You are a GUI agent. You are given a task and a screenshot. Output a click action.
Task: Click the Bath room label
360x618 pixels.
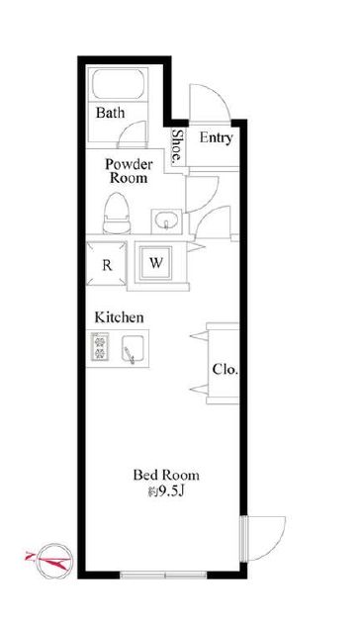click(x=110, y=113)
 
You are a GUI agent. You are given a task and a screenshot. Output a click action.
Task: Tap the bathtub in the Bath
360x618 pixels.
click(x=118, y=84)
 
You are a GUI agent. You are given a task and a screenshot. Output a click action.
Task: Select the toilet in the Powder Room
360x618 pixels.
click(x=117, y=213)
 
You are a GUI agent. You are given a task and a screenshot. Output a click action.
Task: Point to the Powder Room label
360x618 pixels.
click(x=129, y=171)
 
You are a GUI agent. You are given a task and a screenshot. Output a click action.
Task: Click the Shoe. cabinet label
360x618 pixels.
click(x=177, y=146)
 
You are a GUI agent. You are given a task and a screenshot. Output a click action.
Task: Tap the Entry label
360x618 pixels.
click(x=216, y=138)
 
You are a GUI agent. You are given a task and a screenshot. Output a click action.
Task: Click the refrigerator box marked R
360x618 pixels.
click(x=107, y=264)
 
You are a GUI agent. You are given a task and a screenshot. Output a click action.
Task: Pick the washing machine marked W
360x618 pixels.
click(x=156, y=263)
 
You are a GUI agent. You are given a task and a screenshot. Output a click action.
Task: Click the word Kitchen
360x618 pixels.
click(x=119, y=317)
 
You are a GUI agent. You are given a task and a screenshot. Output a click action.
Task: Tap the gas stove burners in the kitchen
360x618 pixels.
click(x=100, y=347)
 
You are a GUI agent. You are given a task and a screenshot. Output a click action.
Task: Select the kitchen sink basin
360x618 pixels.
click(x=133, y=348)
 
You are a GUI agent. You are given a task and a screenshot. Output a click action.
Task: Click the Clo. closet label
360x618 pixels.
click(x=225, y=370)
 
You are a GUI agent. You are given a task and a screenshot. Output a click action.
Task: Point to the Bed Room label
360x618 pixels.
click(x=166, y=475)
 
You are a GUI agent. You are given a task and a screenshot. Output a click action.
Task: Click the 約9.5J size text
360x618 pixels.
click(x=166, y=491)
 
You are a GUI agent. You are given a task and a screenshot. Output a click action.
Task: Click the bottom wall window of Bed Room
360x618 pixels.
click(x=163, y=574)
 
